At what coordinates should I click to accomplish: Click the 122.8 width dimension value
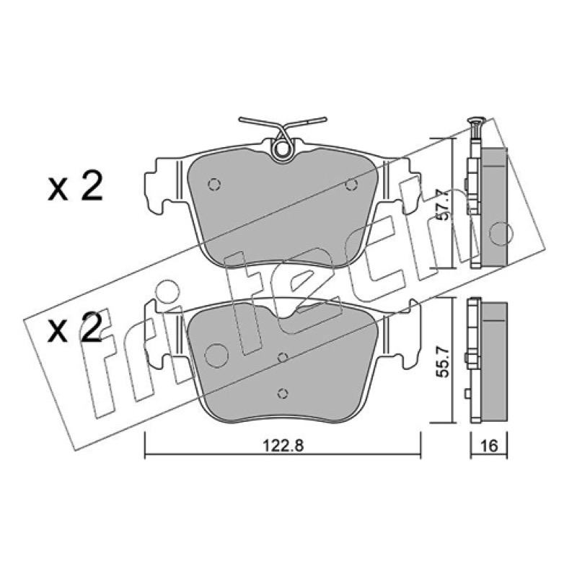click(283, 446)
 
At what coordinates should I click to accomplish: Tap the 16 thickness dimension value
click(489, 446)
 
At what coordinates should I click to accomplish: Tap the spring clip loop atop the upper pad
click(283, 149)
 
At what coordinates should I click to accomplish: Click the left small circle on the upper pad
click(213, 185)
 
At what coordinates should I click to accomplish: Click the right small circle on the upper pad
click(351, 185)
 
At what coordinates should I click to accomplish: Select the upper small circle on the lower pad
click(282, 357)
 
